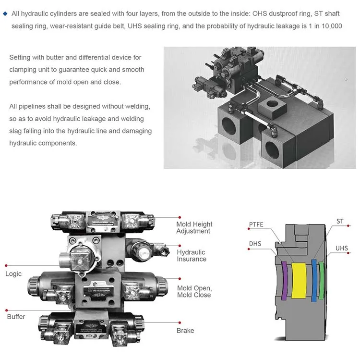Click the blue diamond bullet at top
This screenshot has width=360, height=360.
coord(5,13)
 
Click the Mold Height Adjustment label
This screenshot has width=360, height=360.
coord(194,228)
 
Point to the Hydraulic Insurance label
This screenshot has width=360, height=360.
coord(191,256)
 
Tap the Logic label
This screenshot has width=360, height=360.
coord(13,274)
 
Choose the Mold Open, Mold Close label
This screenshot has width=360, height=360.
coord(194,291)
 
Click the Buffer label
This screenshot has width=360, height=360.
coord(16,317)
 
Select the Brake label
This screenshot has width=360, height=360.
coord(185,331)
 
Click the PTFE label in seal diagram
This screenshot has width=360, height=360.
coord(256,224)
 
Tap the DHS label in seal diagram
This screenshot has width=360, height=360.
coord(255,244)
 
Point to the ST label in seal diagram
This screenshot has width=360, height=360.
coord(340,222)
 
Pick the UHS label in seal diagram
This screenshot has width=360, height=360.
coord(341,248)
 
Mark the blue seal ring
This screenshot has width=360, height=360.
coord(314,280)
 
